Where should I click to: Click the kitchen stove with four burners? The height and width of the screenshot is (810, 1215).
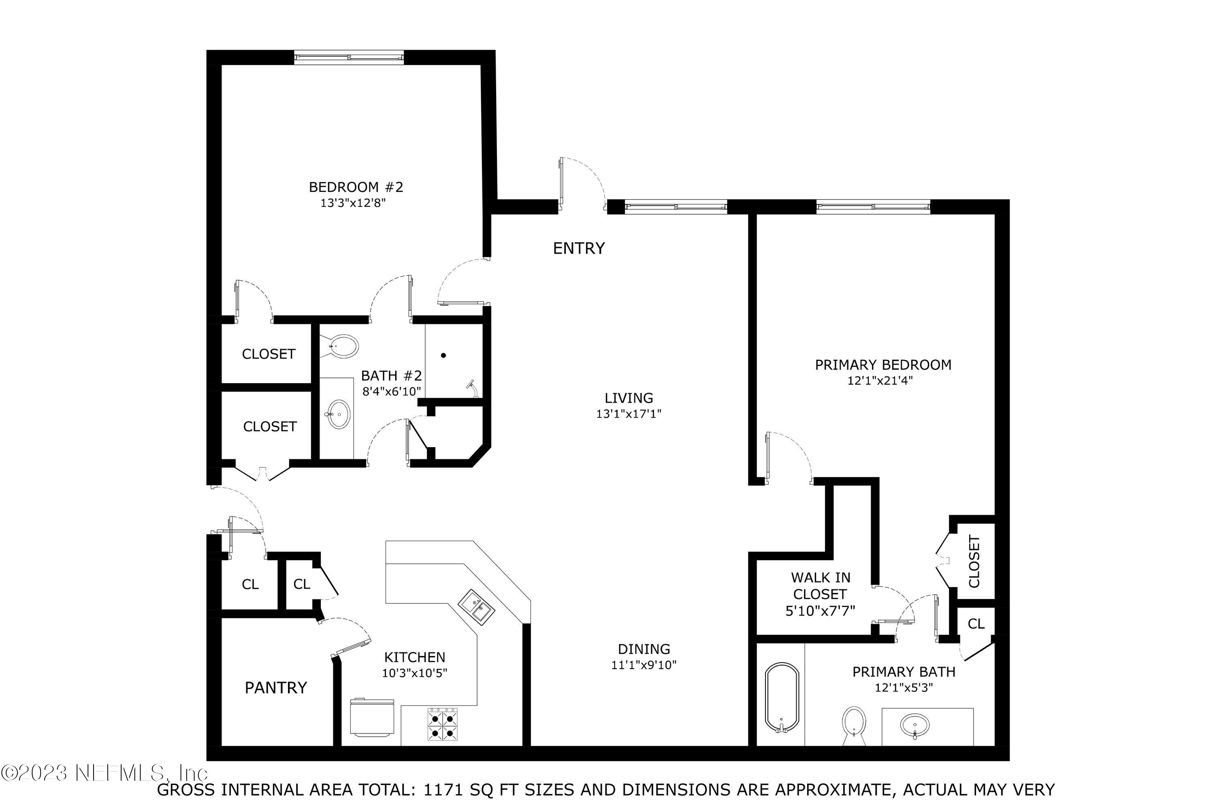pos(443,725)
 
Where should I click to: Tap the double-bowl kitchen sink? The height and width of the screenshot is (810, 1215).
pos(476,607)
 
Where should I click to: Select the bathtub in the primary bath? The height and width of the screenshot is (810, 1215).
pos(782,698)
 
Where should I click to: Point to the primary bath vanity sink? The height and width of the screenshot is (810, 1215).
pos(914,726)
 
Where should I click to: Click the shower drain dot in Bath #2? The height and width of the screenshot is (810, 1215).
pos(443,356)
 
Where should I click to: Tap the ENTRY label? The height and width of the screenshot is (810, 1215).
pos(579,249)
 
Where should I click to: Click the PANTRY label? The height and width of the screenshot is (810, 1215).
pos(276,688)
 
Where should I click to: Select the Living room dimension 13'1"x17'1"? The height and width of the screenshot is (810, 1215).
pos(629,414)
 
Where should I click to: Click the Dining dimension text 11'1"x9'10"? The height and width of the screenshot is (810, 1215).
pos(644,665)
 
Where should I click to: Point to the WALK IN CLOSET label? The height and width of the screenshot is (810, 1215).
pos(821,586)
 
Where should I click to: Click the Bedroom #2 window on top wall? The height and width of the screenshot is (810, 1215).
pos(349,58)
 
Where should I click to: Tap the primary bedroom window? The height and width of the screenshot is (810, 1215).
pos(873,207)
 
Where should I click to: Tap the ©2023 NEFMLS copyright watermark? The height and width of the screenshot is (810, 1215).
pos(103,773)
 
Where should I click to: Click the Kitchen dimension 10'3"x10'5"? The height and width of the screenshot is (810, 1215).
pos(414,673)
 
